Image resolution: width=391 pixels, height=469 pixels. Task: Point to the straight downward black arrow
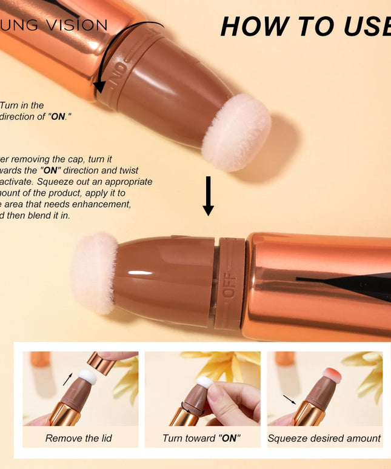click(208, 196)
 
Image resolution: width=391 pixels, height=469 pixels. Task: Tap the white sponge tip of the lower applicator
click(95, 273)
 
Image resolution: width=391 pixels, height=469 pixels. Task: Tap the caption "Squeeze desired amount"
click(324, 438)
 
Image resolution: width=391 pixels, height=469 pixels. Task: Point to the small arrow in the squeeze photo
click(290, 399)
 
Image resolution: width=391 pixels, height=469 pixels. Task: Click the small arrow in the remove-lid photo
click(69, 380)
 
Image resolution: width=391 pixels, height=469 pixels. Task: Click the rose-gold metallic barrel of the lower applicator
click(318, 285)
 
